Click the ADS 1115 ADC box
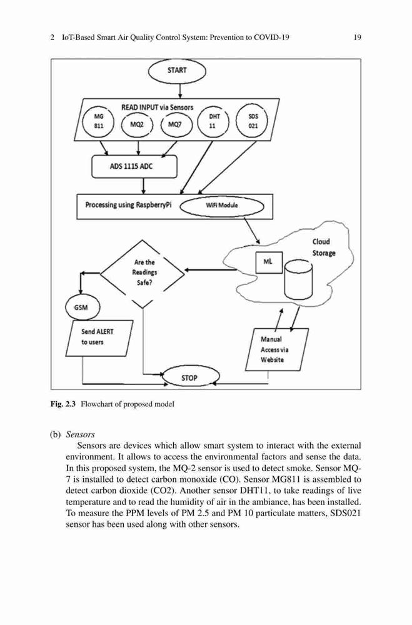(x=134, y=166)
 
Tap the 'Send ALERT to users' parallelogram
(x=99, y=338)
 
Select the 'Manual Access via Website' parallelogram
(x=276, y=349)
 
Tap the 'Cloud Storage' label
(x=323, y=247)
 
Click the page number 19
(x=358, y=37)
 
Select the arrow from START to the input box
(x=180, y=91)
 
